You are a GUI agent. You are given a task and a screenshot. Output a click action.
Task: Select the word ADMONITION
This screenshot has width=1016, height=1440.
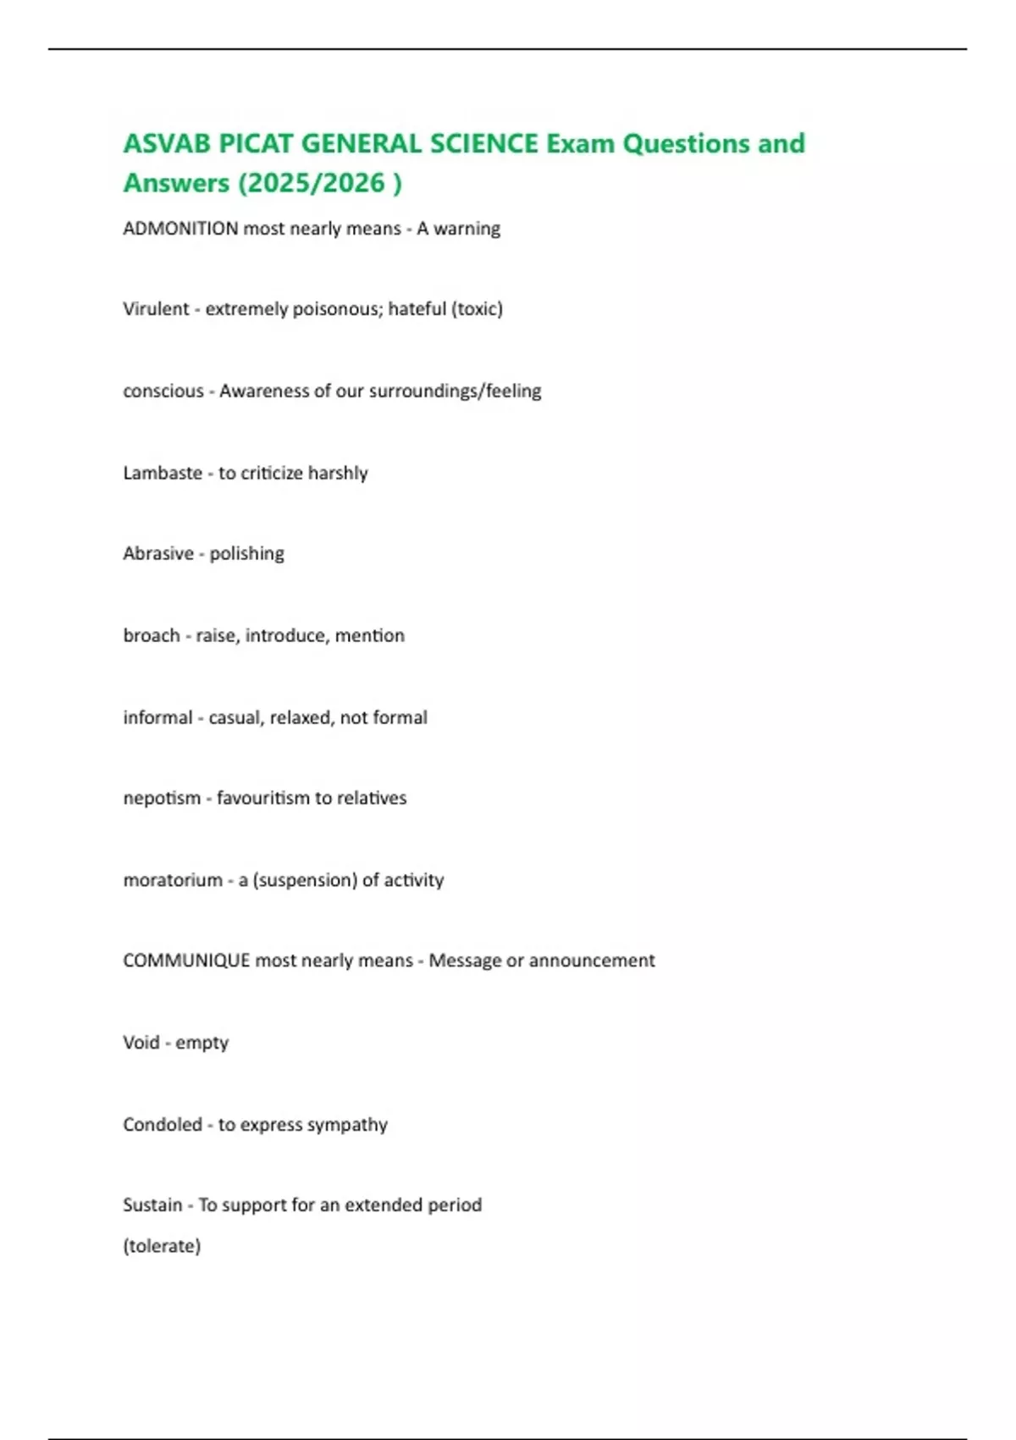(180, 229)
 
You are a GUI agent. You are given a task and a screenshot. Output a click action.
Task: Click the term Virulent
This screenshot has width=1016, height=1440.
(156, 309)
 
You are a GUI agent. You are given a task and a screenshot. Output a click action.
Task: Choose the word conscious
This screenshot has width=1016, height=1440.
(163, 391)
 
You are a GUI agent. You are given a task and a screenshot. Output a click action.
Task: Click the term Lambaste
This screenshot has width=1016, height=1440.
(163, 473)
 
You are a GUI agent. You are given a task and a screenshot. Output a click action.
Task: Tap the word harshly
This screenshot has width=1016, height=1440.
(338, 473)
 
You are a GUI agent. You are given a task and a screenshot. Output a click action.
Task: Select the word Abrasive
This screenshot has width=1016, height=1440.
(158, 554)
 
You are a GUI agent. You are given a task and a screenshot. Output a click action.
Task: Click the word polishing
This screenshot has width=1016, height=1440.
(246, 554)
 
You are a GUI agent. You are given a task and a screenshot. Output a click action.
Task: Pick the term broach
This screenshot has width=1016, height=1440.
(152, 635)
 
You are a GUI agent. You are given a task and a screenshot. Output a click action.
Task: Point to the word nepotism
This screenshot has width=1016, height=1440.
(162, 798)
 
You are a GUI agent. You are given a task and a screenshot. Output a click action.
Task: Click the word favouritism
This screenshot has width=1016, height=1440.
(262, 798)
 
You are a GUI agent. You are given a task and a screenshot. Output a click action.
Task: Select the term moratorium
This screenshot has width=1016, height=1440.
(173, 880)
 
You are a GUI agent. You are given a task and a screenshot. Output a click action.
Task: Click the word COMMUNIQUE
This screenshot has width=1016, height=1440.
(186, 961)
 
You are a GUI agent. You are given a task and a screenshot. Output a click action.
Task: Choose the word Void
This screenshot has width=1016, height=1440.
(141, 1043)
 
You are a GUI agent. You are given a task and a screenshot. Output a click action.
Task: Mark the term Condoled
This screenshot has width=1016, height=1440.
(163, 1125)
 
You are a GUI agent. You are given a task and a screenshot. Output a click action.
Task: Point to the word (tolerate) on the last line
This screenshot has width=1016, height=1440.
(162, 1246)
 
